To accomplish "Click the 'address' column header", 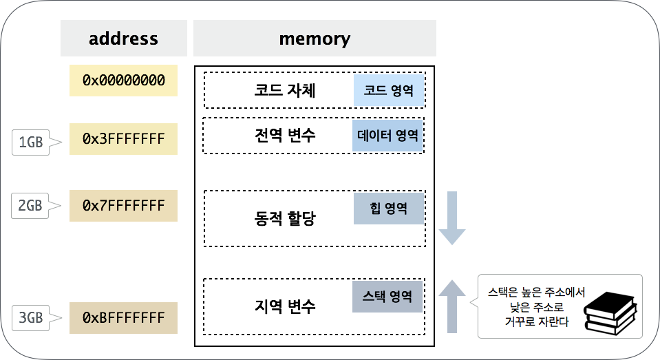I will (x=123, y=39).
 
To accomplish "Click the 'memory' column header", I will (x=315, y=39).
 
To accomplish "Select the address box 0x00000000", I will (x=123, y=81).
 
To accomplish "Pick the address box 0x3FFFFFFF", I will (x=123, y=140).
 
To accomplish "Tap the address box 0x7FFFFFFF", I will (x=123, y=206).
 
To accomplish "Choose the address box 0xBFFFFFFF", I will (x=123, y=318).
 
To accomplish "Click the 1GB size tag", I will (x=31, y=142).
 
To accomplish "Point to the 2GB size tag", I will (x=31, y=205).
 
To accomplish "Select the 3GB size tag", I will (x=31, y=318).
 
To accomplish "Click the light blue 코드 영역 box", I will (x=388, y=90).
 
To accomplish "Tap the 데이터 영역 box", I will (x=387, y=136).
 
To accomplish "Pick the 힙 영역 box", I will (x=388, y=209).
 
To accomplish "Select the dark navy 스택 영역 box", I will (x=387, y=297).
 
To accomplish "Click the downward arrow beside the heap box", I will (x=452, y=218).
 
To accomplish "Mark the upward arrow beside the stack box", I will (x=452, y=306).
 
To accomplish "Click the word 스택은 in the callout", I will (x=502, y=292).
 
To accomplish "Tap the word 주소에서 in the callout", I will (x=564, y=292).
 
